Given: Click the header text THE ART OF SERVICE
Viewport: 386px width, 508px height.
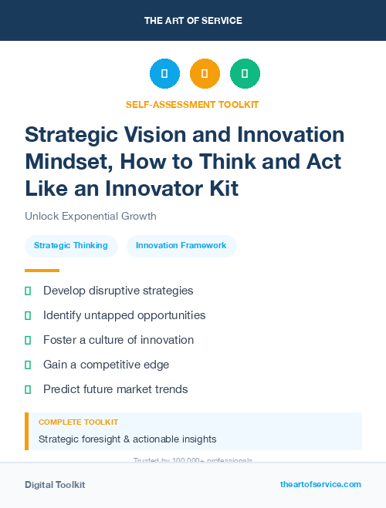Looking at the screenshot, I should point(193,20).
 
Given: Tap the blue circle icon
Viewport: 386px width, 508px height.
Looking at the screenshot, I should point(164,74).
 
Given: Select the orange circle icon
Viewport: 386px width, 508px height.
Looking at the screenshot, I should point(205,74).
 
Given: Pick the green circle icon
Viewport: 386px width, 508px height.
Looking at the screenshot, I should point(245,74).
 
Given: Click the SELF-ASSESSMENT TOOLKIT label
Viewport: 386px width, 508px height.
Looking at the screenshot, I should point(193,104).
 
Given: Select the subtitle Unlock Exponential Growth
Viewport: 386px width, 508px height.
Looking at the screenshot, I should point(90,216).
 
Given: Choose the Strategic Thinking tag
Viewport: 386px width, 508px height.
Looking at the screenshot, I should point(71,246).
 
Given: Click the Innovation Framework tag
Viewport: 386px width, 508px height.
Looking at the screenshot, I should point(181,246).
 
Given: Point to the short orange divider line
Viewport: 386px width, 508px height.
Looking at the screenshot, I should point(42,271).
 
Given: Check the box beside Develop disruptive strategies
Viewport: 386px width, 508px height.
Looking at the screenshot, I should point(28,291).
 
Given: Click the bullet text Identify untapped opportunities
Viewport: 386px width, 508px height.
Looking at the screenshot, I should point(124,315).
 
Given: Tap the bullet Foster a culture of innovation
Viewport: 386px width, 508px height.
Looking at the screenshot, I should point(118,340).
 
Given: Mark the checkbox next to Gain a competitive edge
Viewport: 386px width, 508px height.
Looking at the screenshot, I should point(28,365).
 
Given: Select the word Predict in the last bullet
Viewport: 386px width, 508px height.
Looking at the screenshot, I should point(62,389).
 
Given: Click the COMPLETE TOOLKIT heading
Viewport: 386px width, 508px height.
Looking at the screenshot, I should point(78,422).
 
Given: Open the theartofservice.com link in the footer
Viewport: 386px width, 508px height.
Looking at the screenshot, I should point(320,484).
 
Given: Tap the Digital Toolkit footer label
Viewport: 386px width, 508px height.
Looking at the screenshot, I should point(55,485).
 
